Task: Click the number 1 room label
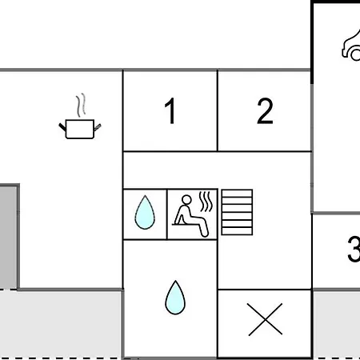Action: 170,110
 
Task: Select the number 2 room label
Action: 265,110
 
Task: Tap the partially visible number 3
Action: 354,249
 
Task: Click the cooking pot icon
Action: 80,129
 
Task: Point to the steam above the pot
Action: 81,105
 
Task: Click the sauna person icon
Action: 191,216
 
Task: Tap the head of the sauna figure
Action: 186,200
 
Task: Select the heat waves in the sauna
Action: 206,202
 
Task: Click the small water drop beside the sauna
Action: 145,213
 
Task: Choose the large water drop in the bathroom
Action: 175,298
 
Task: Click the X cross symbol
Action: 265,319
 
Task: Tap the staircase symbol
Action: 237,212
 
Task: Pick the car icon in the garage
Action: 351,46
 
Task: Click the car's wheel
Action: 356,55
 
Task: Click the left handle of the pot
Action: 62,127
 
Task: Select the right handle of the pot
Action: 98,127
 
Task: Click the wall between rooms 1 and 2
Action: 218,110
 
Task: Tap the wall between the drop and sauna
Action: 167,214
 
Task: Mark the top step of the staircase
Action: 237,194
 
